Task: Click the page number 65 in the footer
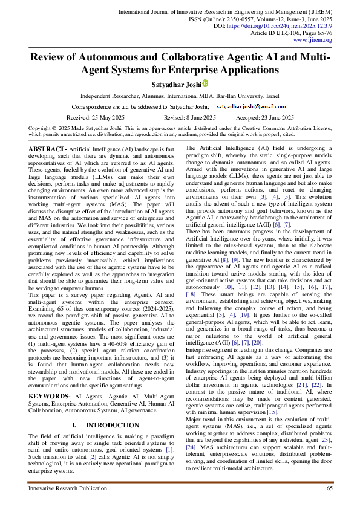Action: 330,488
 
